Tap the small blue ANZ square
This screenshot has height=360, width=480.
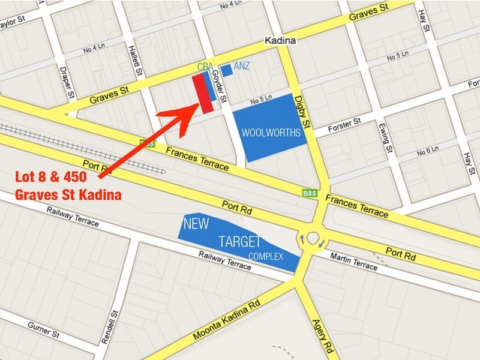226,70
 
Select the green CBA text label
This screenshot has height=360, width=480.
205,66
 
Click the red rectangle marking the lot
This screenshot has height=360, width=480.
202,94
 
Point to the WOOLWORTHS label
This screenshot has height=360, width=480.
271,133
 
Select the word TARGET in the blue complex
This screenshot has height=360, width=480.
239,242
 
